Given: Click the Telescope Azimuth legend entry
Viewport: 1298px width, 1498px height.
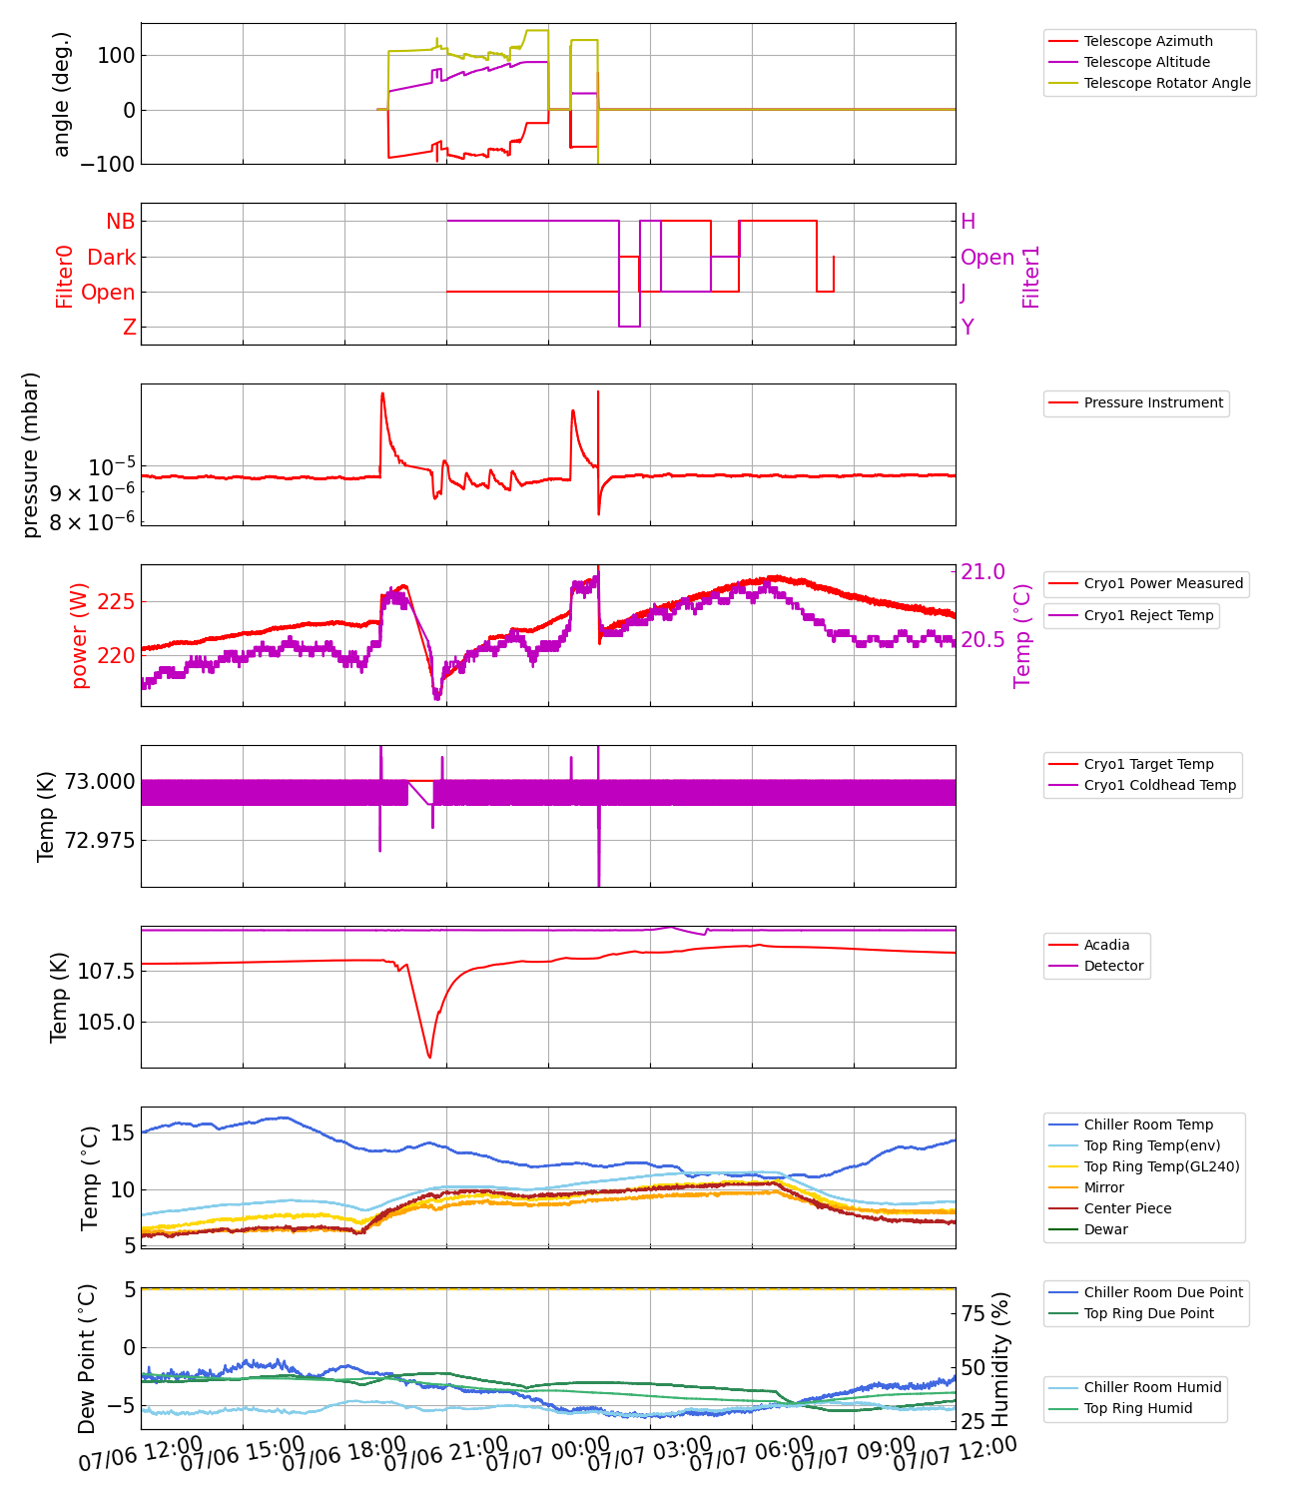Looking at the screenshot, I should click(x=1148, y=41).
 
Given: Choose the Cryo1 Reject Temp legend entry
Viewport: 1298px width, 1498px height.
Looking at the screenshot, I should click(x=1148, y=615).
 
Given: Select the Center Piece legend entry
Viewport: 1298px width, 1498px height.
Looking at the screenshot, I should click(x=1127, y=1208).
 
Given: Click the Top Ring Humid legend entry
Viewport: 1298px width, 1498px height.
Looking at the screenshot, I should click(x=1137, y=1408).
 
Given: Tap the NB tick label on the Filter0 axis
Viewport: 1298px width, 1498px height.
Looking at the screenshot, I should click(x=120, y=222).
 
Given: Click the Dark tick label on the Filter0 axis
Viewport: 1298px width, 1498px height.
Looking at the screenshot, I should click(x=111, y=258).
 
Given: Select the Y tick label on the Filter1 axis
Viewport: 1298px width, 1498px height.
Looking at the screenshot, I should click(x=968, y=328).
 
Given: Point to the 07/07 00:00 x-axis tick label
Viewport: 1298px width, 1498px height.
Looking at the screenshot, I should click(x=547, y=1459).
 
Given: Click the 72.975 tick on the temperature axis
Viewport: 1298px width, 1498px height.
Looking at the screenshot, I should click(x=100, y=840).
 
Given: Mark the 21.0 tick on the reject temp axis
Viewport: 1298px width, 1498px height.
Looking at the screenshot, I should click(x=982, y=572).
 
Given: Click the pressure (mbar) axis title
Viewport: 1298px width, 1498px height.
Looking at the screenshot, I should click(x=31, y=454).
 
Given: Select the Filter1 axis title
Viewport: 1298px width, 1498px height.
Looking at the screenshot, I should click(x=1031, y=276).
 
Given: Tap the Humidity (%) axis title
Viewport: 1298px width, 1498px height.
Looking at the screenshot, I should click(x=1001, y=1358).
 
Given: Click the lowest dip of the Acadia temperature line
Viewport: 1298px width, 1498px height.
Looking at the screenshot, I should click(x=429, y=1058).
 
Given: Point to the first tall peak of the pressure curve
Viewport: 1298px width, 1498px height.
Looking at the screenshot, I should click(x=382, y=393).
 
